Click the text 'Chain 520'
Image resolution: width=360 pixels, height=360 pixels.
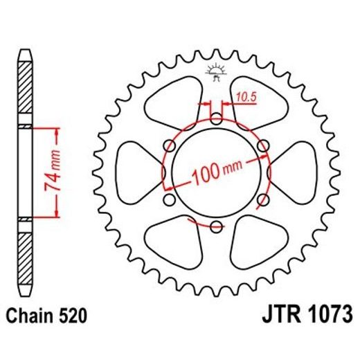point(47,318)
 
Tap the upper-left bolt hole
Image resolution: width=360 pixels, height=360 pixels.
point(169,145)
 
